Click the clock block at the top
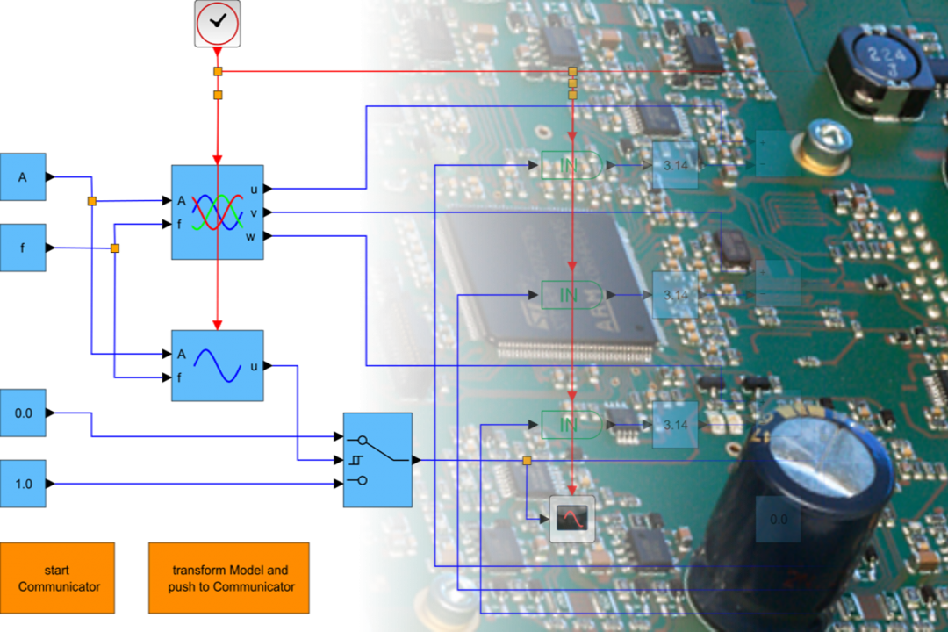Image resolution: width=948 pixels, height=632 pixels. pos(217,24)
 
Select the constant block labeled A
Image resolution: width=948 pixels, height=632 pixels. pos(23,177)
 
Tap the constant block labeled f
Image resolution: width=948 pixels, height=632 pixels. pos(23,248)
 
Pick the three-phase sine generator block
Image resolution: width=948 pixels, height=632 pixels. pos(218,212)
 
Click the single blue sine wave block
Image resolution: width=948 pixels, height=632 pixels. pos(218,365)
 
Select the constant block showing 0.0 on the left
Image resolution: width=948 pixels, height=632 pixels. pos(23,413)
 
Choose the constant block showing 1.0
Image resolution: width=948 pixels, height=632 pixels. pos(23,484)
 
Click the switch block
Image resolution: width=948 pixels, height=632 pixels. pos(377,460)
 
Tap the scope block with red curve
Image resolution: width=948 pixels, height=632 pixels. pos(572,518)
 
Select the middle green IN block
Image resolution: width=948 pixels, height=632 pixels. pos(571,295)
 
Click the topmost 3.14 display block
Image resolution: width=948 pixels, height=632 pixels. pos(675,165)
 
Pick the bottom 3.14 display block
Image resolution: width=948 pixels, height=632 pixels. pos(675,425)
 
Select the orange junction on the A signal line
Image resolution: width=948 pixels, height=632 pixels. pos(91,201)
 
